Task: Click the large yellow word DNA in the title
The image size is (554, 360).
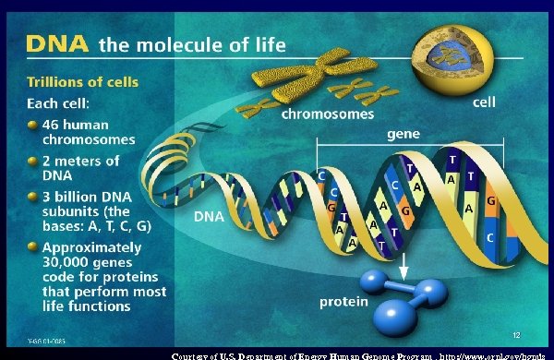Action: [56, 43]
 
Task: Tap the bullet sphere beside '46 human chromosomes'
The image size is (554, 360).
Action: [32, 125]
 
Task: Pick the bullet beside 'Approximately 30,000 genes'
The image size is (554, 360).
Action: [32, 248]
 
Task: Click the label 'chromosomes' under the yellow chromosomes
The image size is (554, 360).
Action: [328, 115]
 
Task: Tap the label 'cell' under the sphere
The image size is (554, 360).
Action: [485, 105]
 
